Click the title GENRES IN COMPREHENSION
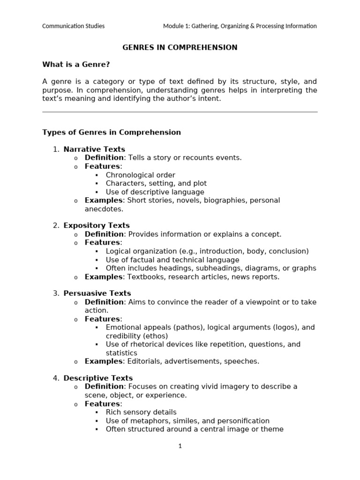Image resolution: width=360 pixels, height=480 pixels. [180, 47]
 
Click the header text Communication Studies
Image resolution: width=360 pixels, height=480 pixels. [73, 26]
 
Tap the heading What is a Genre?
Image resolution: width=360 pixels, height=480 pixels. [76, 64]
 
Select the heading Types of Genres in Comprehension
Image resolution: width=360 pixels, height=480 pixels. [112, 132]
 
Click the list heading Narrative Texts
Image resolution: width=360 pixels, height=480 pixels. [94, 150]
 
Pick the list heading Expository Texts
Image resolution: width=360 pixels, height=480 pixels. [97, 225]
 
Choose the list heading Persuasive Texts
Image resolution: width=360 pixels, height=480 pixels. [97, 293]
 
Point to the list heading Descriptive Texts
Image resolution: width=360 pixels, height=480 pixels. [98, 378]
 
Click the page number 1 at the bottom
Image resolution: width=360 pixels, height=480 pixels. [180, 446]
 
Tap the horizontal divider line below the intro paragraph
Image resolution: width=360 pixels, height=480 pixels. [180, 112]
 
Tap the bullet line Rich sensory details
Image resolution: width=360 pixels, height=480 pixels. [141, 412]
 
